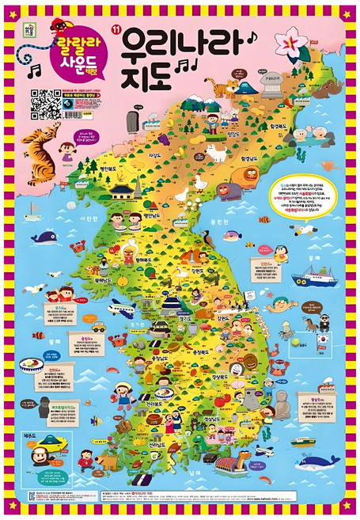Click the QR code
(47, 102)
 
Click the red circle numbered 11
(116, 31)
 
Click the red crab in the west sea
(112, 341)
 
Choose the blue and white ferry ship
(313, 279)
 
